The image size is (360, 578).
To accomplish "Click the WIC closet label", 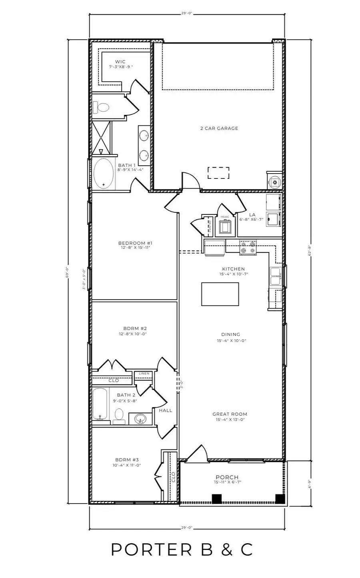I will tap(120, 62).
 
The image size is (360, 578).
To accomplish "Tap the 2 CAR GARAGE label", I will tap(219, 128).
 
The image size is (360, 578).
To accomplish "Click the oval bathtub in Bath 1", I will tap(103, 174).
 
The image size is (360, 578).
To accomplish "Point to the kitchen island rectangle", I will tap(220, 294).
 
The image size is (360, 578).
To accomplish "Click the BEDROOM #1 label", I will tap(135, 243).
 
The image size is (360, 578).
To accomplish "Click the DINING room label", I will tap(231, 334).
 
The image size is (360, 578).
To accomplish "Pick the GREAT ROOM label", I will tap(230, 414).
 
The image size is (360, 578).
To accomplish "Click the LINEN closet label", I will tap(144, 374).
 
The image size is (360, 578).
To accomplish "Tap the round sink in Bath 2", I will tap(140, 419).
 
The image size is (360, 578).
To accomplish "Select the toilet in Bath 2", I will tap(119, 415).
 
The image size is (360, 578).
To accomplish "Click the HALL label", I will tap(166, 410).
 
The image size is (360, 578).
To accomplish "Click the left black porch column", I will tap(216, 499).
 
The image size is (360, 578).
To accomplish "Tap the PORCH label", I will tap(227, 477).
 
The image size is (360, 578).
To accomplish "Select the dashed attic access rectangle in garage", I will tap(218, 173).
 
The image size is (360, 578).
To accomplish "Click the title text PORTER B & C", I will tap(182, 550).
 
